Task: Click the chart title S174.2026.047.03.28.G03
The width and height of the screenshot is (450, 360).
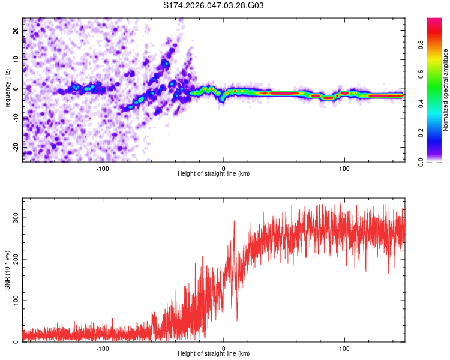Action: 214,6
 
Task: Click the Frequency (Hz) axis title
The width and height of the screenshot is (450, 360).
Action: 7,90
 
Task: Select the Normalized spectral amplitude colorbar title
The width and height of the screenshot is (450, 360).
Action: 445,90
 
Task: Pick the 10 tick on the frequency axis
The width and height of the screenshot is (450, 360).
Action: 16,59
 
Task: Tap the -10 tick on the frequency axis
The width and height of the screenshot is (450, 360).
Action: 16,118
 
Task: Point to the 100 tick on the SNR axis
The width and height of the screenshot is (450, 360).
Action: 16,301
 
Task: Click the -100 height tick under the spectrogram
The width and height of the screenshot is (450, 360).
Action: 103,168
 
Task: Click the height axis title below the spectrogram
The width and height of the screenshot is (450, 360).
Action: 214,174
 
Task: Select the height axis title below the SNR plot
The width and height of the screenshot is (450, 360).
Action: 214,354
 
